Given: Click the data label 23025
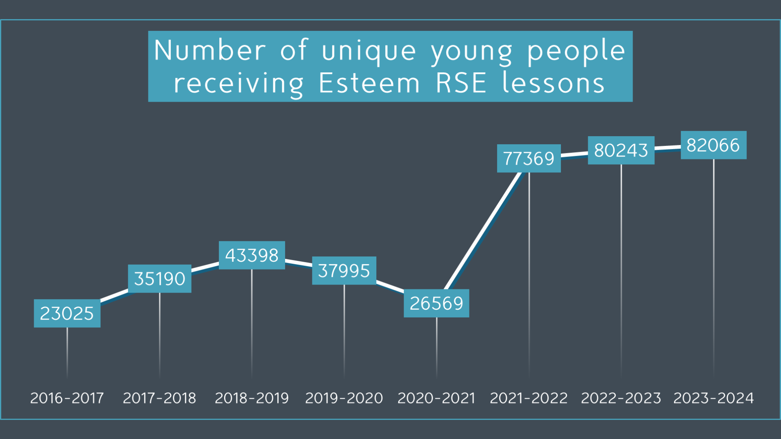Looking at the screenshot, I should (x=67, y=313).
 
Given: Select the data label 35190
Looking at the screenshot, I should (x=159, y=279).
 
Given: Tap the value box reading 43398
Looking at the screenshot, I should (x=252, y=255).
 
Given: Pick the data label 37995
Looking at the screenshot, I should (x=344, y=271).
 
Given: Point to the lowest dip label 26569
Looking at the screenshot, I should (x=436, y=303).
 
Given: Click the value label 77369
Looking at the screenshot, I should (x=529, y=159).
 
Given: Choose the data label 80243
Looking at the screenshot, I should (x=621, y=150).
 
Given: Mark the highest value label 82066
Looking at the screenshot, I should (x=713, y=145).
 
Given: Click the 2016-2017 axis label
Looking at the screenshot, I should (x=67, y=398).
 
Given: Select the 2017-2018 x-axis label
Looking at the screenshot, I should (x=159, y=398).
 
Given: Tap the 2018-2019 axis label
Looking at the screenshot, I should (x=252, y=398).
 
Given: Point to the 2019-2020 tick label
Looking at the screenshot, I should (x=344, y=398).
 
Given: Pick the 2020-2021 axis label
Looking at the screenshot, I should (x=436, y=398).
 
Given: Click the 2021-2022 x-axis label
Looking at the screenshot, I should (x=529, y=398).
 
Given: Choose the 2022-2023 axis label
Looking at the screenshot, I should (x=621, y=398).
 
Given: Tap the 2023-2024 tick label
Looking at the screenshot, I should (x=713, y=398).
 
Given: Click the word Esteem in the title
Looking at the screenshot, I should (x=369, y=83).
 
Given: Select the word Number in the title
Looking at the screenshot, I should (x=210, y=50).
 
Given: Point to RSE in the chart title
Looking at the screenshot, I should (x=461, y=83).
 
